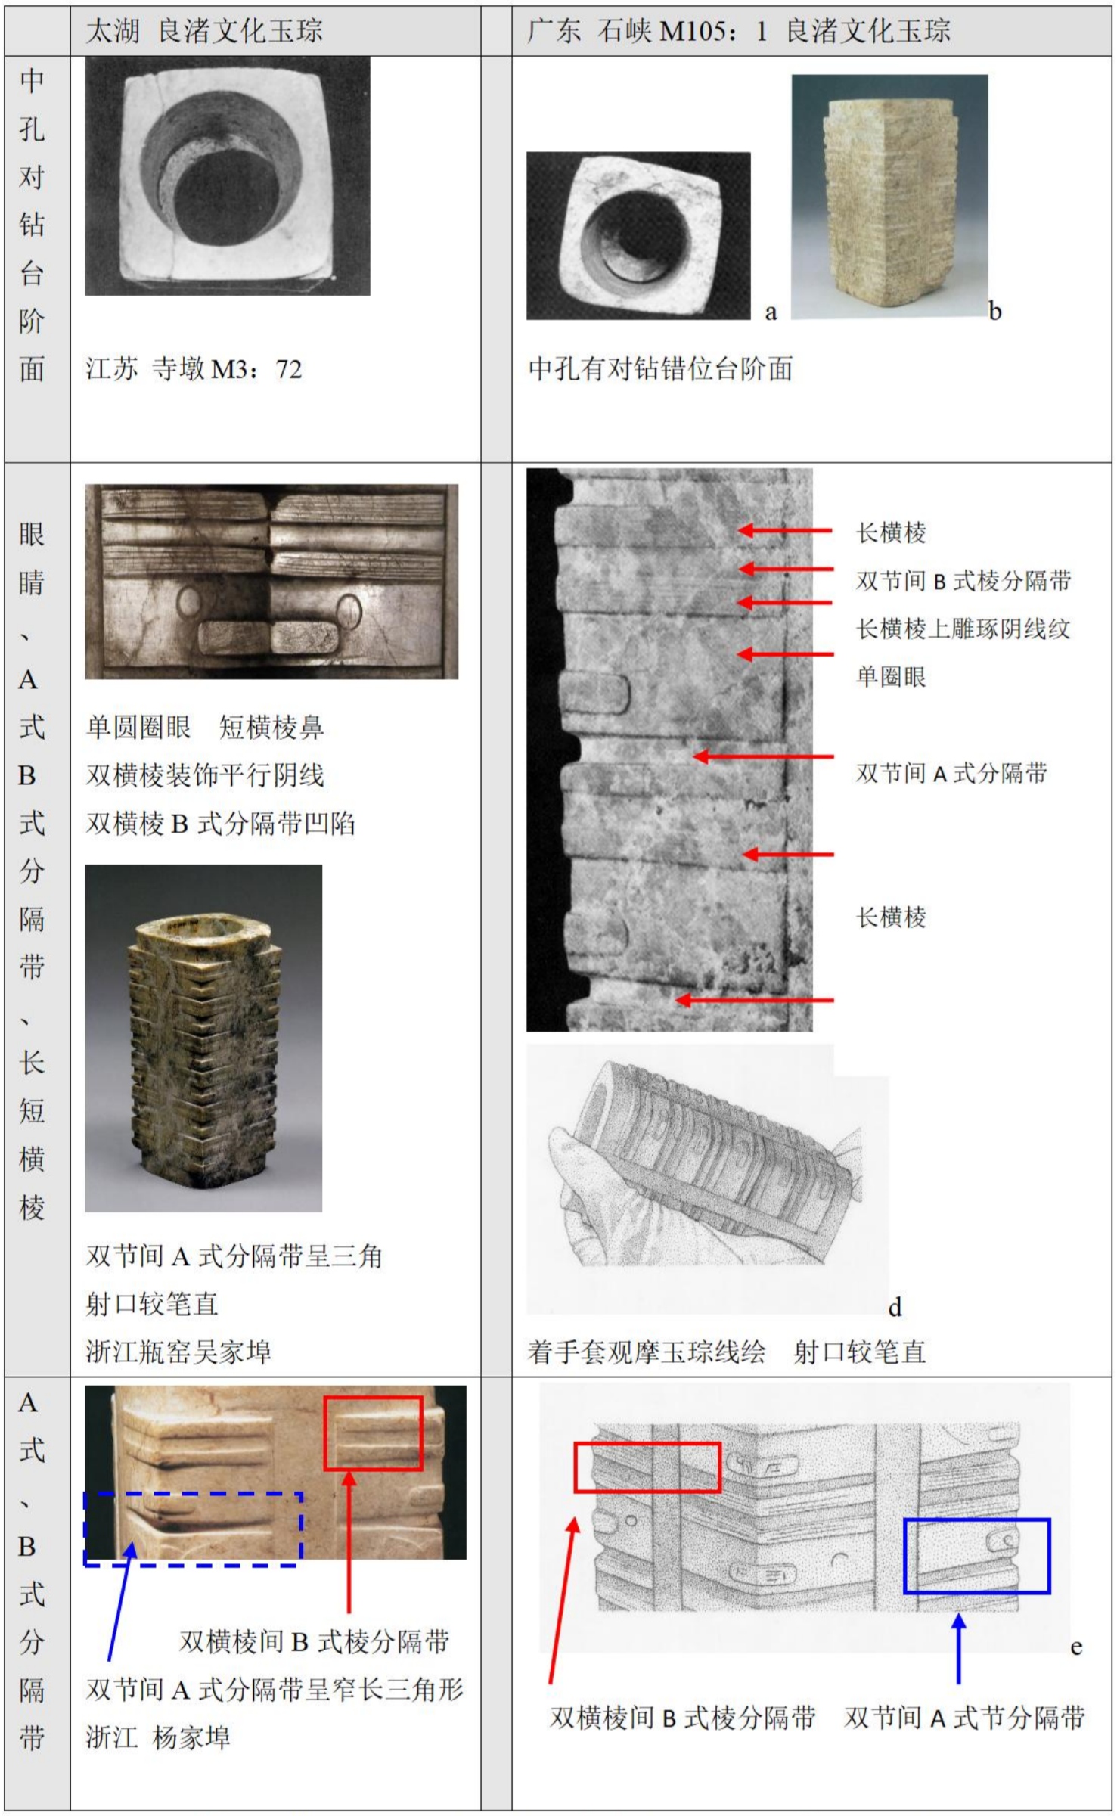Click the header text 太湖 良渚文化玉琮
(x=204, y=31)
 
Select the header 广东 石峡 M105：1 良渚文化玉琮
(x=739, y=31)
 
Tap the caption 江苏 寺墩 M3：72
(x=194, y=369)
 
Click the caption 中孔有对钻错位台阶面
(x=660, y=369)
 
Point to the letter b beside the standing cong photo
(x=995, y=311)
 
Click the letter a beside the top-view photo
(x=771, y=312)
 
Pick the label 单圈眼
(x=891, y=676)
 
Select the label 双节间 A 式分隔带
(x=951, y=773)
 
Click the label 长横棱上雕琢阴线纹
(x=963, y=629)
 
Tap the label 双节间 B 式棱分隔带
(x=963, y=580)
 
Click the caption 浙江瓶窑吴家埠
(x=178, y=1352)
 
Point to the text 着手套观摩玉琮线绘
(x=647, y=1352)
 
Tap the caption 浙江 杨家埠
(x=157, y=1737)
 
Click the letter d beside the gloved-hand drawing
(x=895, y=1307)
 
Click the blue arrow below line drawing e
(x=959, y=1647)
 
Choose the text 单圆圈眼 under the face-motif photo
(x=138, y=727)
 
